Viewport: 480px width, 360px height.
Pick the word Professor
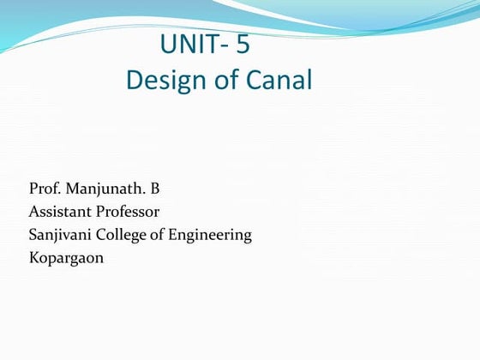pyautogui.click(x=127, y=211)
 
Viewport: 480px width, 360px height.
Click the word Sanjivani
pyautogui.click(x=61, y=234)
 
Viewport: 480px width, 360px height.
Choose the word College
pyautogui.click(x=126, y=235)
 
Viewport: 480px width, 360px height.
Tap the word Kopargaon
pyautogui.click(x=66, y=258)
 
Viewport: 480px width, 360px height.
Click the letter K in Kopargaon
pyautogui.click(x=33, y=257)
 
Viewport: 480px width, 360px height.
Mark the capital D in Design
pyautogui.click(x=134, y=81)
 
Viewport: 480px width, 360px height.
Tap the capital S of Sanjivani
pyautogui.click(x=33, y=234)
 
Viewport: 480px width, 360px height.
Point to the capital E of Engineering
pyautogui.click(x=179, y=234)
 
